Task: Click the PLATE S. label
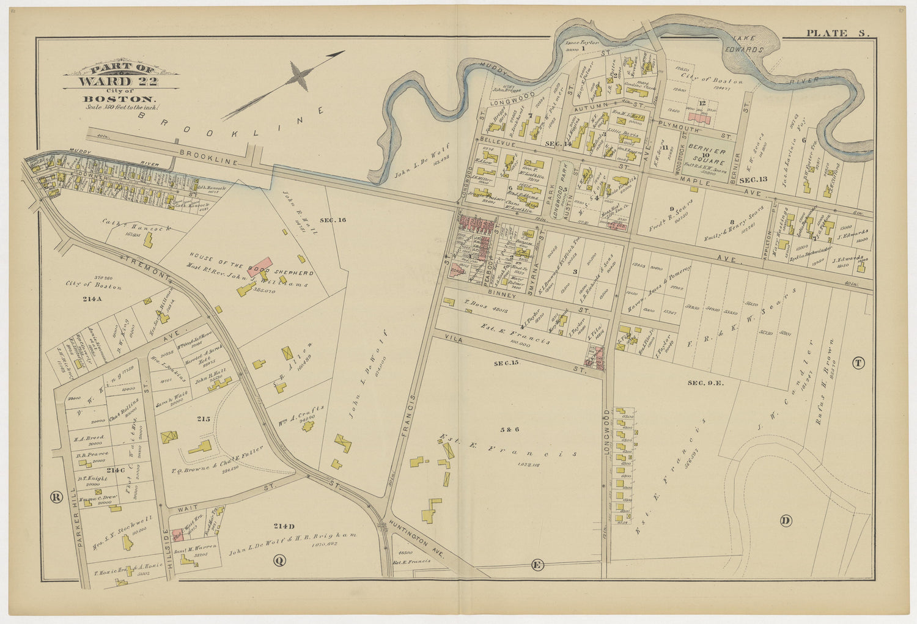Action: click(837, 33)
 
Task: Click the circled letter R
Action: click(57, 497)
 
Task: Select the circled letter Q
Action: click(279, 560)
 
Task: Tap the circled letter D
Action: click(786, 521)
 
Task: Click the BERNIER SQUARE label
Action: click(707, 156)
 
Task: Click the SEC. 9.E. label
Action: click(705, 383)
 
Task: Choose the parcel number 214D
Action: click(284, 526)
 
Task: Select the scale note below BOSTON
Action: click(122, 107)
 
